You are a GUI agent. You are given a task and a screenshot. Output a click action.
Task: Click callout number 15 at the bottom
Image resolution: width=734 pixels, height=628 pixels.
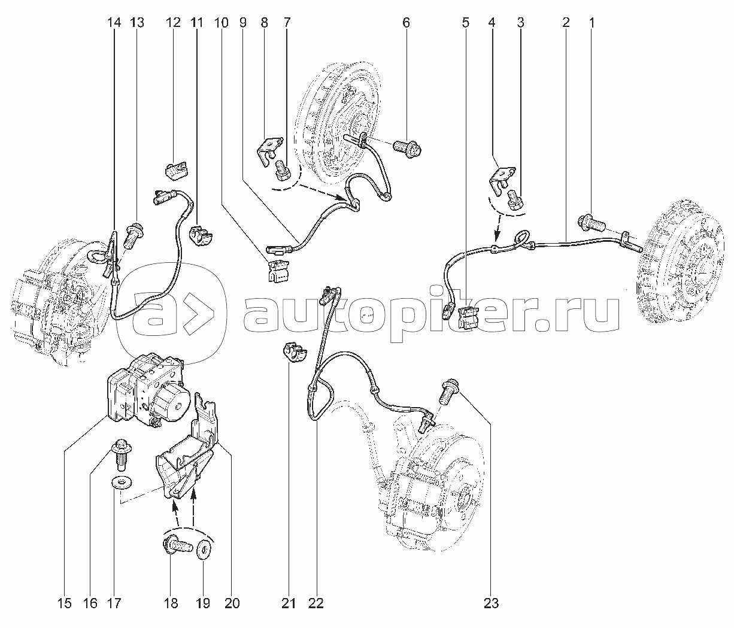coord(65,603)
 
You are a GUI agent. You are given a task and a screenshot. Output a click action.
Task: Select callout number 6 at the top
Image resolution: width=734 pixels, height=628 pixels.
coord(406,23)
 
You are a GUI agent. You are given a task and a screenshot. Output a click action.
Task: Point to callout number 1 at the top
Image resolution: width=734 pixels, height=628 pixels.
coord(592,23)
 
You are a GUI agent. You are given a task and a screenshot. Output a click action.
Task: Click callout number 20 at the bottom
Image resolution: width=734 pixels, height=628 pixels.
coord(232,603)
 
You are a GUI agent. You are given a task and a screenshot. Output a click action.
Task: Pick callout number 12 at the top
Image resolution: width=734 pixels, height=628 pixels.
coord(173,23)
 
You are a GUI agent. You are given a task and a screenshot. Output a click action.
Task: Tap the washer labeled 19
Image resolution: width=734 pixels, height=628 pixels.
coord(204,548)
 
